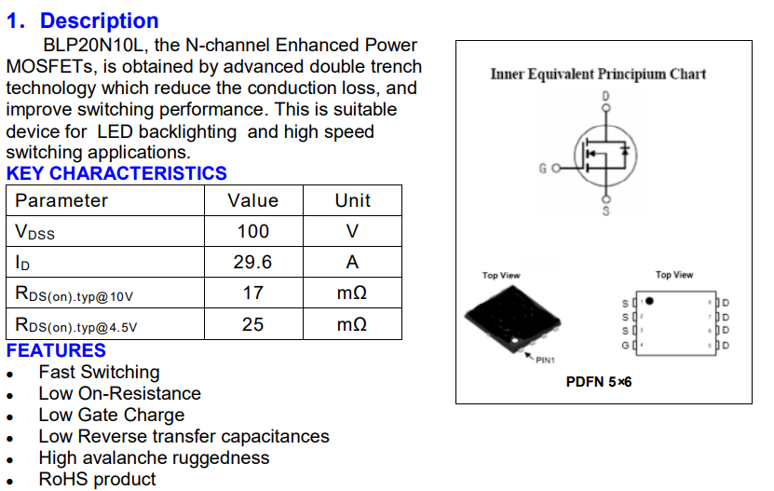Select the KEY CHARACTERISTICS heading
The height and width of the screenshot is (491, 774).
tap(116, 173)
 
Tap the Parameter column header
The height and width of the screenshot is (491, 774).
tap(61, 200)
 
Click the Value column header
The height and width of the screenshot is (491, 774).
tap(252, 200)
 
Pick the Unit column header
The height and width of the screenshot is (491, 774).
tap(352, 200)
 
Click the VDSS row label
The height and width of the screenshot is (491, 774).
tap(35, 232)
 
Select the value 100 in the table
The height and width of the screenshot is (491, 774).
tap(252, 231)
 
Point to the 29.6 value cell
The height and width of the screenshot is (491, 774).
tap(252, 263)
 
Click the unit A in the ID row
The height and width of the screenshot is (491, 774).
tap(352, 263)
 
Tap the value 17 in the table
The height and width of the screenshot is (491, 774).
tap(252, 293)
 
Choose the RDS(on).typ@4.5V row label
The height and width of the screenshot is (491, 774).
tap(75, 325)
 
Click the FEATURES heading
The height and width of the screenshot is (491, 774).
tap(56, 350)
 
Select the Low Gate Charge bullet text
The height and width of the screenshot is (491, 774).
tap(111, 415)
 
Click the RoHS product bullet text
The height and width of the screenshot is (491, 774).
tap(97, 479)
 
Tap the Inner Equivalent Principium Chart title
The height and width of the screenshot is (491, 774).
tap(598, 74)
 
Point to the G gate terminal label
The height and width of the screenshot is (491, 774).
tap(543, 169)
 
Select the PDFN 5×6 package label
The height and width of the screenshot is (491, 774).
tap(599, 382)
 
